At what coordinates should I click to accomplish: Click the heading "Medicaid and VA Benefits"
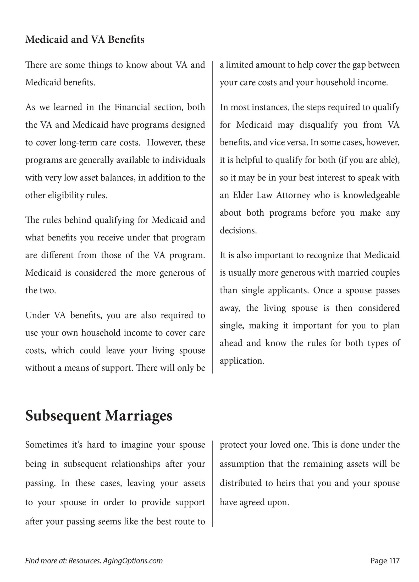pos(85,40)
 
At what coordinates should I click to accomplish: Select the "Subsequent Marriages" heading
pos(99,416)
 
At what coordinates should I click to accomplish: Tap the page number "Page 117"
pos(385,561)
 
